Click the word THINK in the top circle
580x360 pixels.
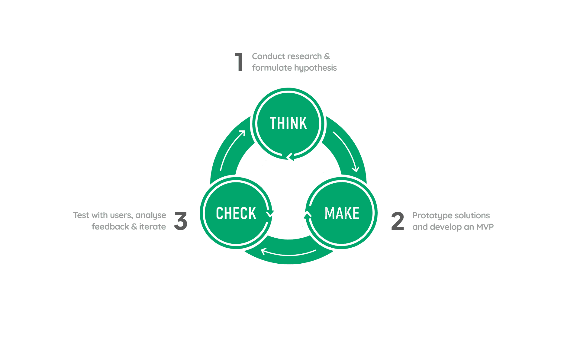click(288, 123)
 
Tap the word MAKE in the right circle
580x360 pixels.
click(342, 213)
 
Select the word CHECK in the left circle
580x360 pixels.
click(236, 213)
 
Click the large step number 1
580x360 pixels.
click(239, 62)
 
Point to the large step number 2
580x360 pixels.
click(398, 221)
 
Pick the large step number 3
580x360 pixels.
click(181, 221)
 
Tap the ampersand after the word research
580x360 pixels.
click(327, 56)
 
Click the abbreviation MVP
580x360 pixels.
click(485, 227)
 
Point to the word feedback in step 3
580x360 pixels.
click(110, 227)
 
